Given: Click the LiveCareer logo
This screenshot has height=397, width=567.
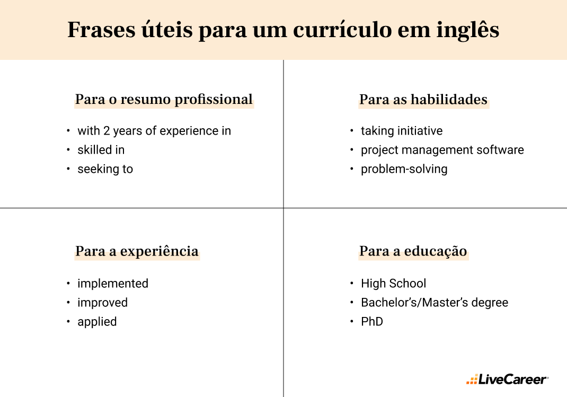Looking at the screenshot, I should tap(507, 380).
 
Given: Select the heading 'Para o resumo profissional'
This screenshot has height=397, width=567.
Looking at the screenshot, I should tap(164, 100).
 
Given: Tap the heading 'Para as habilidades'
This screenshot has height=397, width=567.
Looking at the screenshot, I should tap(423, 100).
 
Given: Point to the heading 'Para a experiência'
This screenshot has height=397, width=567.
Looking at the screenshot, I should tap(137, 251).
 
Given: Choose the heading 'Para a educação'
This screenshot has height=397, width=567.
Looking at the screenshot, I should tap(413, 251).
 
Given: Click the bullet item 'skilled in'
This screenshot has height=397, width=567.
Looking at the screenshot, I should tap(101, 150).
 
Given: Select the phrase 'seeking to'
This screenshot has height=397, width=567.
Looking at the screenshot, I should tap(105, 169).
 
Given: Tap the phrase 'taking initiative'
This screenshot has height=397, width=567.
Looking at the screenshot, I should tap(401, 131).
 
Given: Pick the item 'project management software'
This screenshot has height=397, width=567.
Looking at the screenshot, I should tap(442, 150).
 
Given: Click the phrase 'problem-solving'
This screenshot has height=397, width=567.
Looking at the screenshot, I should tap(404, 169).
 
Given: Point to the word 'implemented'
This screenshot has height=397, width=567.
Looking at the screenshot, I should tap(112, 284).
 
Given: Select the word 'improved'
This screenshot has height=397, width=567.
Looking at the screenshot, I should tap(102, 303).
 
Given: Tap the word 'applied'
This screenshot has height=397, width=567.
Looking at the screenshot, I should tap(97, 322).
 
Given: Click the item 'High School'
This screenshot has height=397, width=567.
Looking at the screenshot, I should tap(393, 284).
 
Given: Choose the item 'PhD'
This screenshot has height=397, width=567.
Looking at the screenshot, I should tap(371, 322).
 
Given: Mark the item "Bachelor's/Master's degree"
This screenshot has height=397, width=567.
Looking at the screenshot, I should tap(434, 303).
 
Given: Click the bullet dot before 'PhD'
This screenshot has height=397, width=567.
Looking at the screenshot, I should tap(352, 322).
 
